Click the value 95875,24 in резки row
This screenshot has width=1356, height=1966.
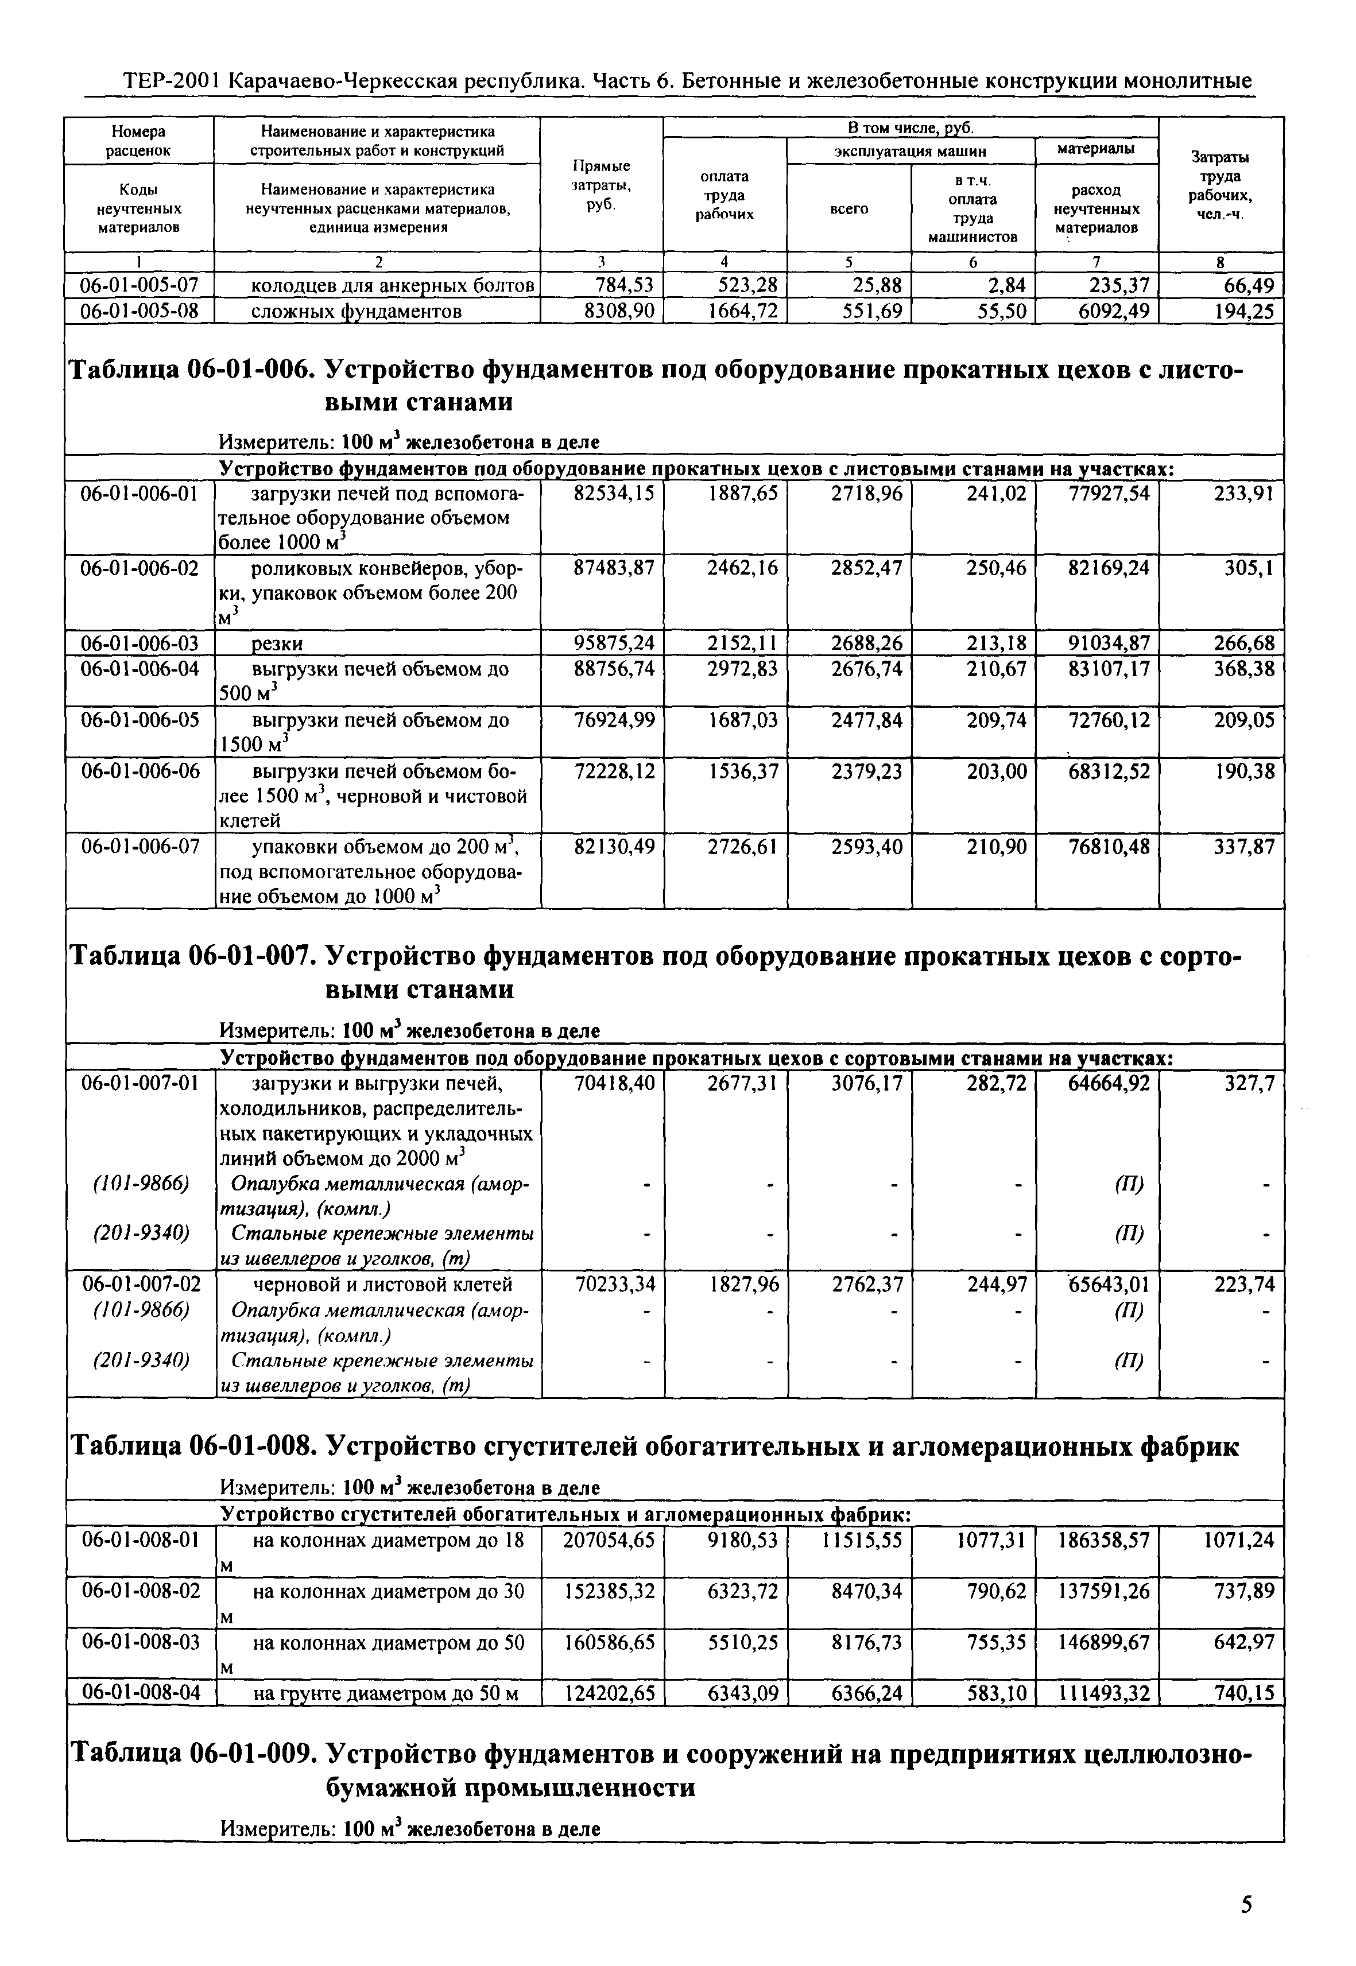614,643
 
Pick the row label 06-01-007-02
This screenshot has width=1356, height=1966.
140,1283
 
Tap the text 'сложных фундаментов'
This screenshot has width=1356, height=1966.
357,312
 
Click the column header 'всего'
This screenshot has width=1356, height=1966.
849,208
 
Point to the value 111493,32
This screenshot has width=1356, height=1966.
1103,1694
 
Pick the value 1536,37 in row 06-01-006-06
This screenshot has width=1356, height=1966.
742,771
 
